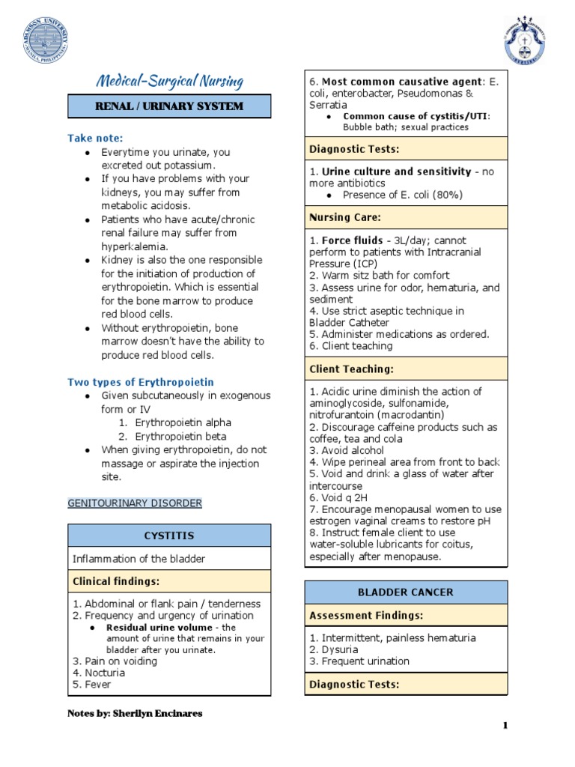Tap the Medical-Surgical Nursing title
[x=168, y=81]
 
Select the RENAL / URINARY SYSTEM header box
[x=168, y=106]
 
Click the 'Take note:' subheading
[x=95, y=138]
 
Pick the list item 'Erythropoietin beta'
[x=180, y=436]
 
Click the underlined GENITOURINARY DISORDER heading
[x=135, y=503]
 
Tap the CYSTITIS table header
[x=168, y=536]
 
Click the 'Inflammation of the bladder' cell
[x=139, y=559]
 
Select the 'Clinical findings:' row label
[x=115, y=581]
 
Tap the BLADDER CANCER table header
[x=405, y=592]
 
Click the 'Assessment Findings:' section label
[x=366, y=616]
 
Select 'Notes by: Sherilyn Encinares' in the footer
[x=135, y=713]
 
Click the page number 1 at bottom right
[x=505, y=726]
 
